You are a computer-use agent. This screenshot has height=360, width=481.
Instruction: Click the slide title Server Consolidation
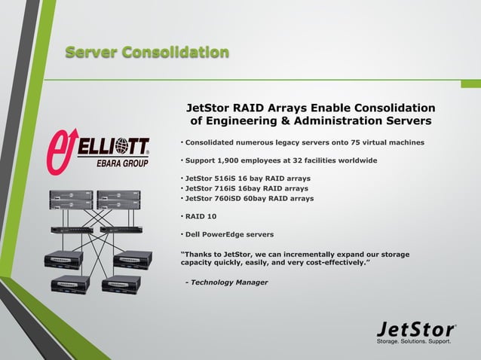tap(147, 52)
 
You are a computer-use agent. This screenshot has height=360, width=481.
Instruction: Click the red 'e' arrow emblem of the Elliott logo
tap(63, 148)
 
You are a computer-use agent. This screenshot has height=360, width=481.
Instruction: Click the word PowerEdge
tap(227, 234)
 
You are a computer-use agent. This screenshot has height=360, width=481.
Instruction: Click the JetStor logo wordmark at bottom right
tap(415, 329)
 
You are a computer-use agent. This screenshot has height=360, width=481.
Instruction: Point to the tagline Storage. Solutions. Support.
tap(414, 341)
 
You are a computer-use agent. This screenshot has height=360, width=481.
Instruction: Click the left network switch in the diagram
tap(72, 229)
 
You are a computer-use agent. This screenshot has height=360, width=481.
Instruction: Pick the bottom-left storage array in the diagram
tap(70, 284)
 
